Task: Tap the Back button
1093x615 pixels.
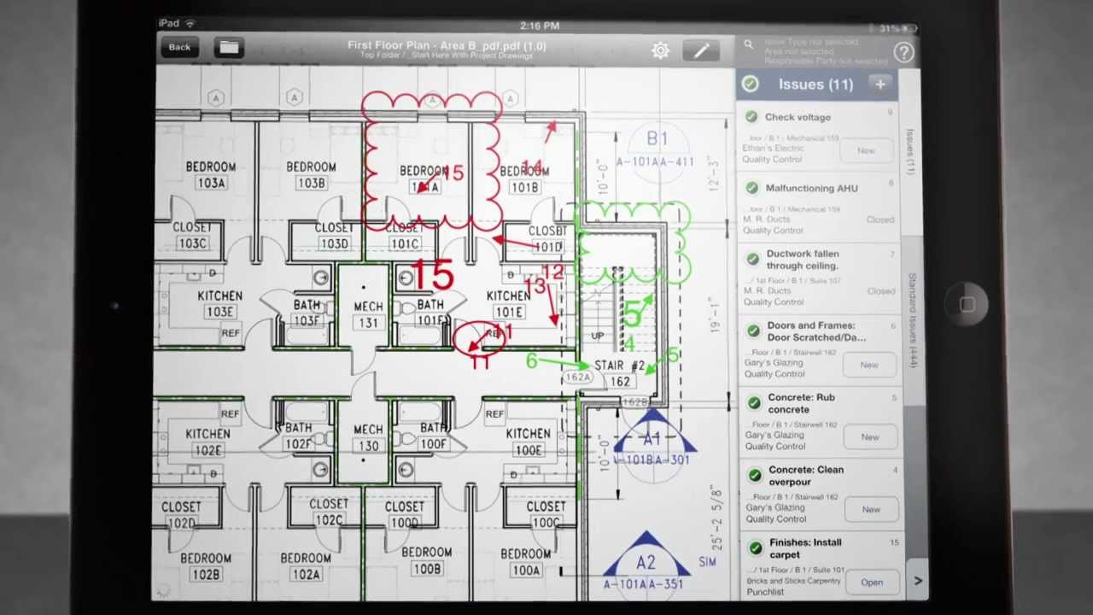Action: pyautogui.click(x=179, y=48)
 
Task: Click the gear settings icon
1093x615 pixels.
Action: pyautogui.click(x=660, y=51)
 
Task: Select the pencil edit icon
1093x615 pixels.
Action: pyautogui.click(x=701, y=51)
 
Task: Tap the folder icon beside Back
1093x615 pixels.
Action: pyautogui.click(x=229, y=48)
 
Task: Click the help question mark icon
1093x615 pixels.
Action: pyautogui.click(x=903, y=53)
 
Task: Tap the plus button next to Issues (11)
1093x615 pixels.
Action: pyautogui.click(x=880, y=84)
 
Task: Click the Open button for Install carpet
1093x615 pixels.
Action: pyautogui.click(x=871, y=583)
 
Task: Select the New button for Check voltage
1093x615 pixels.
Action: pyautogui.click(x=866, y=150)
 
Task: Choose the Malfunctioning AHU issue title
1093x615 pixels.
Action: pyautogui.click(x=811, y=188)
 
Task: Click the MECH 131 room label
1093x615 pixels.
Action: pyautogui.click(x=368, y=314)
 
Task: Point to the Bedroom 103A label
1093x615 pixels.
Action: pyautogui.click(x=210, y=175)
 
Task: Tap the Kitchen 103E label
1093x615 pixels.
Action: pyautogui.click(x=219, y=303)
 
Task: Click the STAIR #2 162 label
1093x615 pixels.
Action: pyautogui.click(x=619, y=373)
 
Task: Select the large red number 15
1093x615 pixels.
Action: pyautogui.click(x=432, y=276)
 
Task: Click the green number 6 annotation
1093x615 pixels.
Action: pyautogui.click(x=532, y=361)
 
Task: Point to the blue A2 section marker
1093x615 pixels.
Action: pyautogui.click(x=646, y=562)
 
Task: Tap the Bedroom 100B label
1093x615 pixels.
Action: pyautogui.click(x=426, y=560)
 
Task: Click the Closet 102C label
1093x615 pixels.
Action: pyautogui.click(x=329, y=512)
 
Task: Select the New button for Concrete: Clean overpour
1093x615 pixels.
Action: pyautogui.click(x=870, y=510)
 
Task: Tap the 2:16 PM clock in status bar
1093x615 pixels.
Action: pyautogui.click(x=539, y=26)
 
